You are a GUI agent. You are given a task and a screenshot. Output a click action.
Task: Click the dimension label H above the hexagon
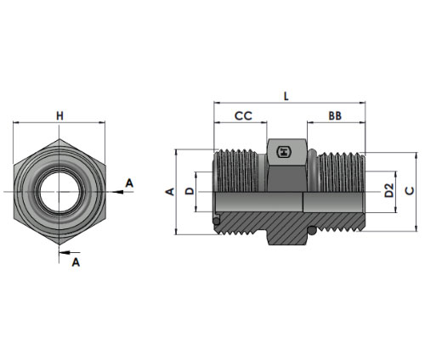pos(59,115)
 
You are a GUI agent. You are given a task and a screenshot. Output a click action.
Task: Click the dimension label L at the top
pos(286,96)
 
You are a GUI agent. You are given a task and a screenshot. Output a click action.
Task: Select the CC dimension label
pos(243,115)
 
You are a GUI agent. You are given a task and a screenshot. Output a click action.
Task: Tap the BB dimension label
pos(335,115)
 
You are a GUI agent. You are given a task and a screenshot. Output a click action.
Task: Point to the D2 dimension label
pos(389,190)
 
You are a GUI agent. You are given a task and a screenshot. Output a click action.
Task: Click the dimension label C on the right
pos(410,191)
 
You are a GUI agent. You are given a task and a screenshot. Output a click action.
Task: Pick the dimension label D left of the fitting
pos(190,191)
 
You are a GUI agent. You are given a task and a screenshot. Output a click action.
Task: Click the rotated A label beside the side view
pos(170,192)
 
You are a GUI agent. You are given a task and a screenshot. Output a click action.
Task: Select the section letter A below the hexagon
pos(76,262)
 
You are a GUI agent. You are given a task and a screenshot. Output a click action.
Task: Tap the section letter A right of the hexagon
pos(129,183)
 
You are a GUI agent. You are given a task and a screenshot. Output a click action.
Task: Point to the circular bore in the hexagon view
pos(59,192)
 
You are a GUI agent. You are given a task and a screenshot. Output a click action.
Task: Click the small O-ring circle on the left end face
pos(217,221)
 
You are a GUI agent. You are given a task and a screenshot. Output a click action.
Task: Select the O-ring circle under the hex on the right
pos(313,231)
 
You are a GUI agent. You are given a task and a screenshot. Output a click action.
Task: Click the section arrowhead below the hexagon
pos(64,252)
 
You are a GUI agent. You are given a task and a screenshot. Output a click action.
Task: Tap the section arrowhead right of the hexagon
pos(118,192)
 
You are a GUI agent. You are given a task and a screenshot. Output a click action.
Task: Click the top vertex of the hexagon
pos(59,139)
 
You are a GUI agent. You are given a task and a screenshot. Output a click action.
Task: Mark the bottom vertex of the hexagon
pos(59,245)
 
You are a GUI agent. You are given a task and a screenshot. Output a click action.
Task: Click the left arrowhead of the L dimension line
pos(217,103)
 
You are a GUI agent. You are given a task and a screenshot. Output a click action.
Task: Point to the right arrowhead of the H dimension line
pos(102,122)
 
